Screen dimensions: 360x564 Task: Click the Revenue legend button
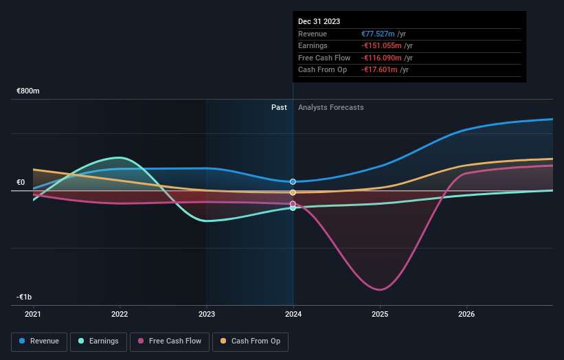click(39, 341)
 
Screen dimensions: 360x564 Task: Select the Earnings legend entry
click(98, 341)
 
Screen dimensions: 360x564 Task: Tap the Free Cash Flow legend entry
click(169, 341)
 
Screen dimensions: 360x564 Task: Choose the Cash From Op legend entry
click(250, 341)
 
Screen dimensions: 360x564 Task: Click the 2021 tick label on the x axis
click(33, 315)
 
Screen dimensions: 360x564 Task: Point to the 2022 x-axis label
click(120, 315)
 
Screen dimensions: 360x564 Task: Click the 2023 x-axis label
click(206, 315)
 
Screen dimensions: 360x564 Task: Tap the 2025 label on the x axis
click(380, 315)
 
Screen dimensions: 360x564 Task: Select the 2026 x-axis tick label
click(466, 315)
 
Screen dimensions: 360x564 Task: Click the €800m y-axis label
click(28, 91)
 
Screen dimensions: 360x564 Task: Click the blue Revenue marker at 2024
click(293, 181)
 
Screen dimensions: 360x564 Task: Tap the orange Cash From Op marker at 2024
click(293, 192)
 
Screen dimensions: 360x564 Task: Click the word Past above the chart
click(279, 107)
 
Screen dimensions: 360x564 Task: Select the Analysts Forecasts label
click(330, 107)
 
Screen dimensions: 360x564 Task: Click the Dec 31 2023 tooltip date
click(319, 21)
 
